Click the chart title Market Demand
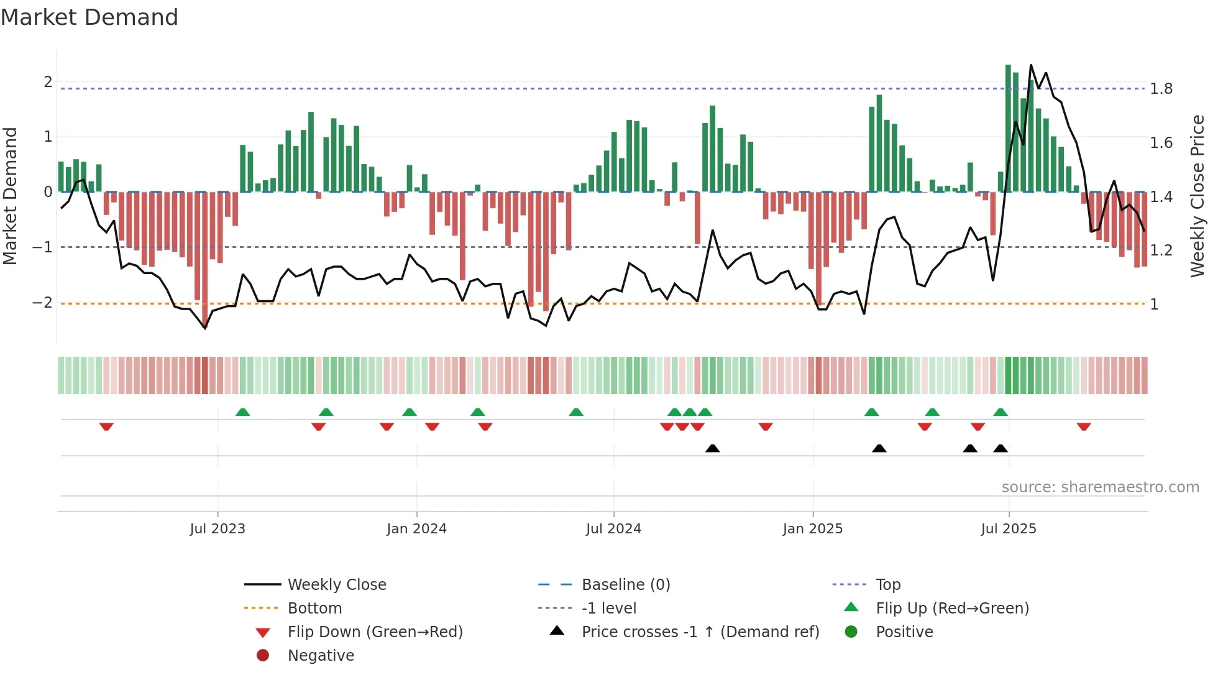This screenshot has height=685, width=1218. pos(89,17)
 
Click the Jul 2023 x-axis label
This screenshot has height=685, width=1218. pos(217,529)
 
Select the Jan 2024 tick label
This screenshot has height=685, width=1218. pos(416,529)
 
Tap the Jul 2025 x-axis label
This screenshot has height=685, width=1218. pos(1009,529)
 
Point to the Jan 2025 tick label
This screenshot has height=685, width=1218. pos(812,529)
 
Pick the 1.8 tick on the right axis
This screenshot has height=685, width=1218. pos(1161,89)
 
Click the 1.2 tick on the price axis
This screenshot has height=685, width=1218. pos(1161,251)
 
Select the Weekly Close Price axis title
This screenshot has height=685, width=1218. pos(1197,196)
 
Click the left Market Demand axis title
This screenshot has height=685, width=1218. pos(10,196)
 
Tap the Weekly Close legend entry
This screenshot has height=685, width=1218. pos(336,585)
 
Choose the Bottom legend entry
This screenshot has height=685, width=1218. pos(314,609)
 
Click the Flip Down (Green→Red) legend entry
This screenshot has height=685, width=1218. pos(375,632)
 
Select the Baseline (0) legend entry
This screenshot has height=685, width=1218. pos(625,585)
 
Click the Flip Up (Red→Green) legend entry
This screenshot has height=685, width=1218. pos(952,609)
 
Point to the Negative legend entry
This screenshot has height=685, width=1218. pos(321,656)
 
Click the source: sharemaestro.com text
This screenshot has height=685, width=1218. pos(1100,487)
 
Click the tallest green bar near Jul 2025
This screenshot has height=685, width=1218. pos(1008,127)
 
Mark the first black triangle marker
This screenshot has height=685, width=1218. pos(713,448)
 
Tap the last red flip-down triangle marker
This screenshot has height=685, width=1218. pos(1084,426)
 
